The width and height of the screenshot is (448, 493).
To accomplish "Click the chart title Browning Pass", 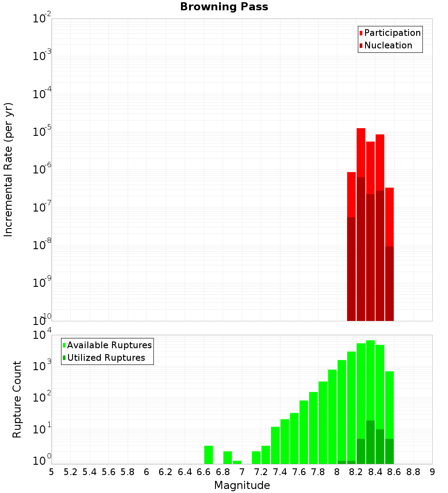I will point(224,7).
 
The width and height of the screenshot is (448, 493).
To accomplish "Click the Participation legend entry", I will point(392,33).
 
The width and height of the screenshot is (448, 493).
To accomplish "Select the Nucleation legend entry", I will point(388,45).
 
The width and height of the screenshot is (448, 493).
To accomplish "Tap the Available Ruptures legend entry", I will point(109,345).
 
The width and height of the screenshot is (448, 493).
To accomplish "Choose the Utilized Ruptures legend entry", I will point(106,358).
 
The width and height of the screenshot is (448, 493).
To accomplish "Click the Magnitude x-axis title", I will point(242,485).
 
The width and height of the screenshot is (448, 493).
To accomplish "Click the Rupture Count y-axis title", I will point(17,399).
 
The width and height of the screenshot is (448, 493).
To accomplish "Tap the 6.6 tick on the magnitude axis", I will point(204,472).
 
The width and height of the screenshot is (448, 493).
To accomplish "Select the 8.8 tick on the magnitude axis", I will point(413,472).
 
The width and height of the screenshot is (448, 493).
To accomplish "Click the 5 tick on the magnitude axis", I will point(52,472).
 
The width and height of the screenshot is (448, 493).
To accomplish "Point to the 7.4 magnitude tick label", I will point(280,472).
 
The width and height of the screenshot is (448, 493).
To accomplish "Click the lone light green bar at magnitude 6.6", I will point(208,454).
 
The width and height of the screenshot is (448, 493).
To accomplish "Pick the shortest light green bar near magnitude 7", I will point(237,462).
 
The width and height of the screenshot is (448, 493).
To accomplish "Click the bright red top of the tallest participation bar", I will point(361,152).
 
